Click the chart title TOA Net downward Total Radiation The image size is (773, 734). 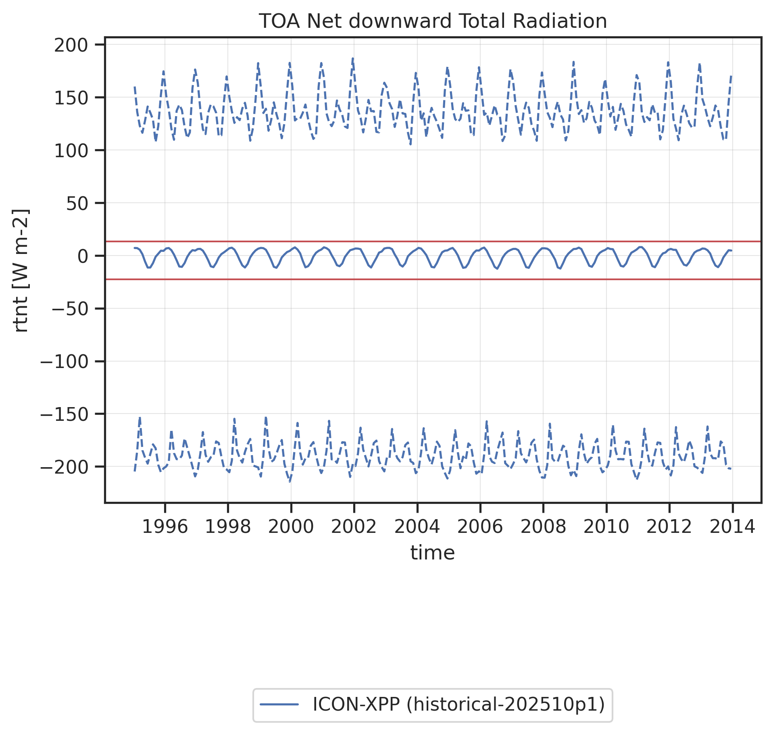tap(433, 21)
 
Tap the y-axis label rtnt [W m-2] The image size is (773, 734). tap(21, 270)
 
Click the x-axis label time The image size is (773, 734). tap(433, 553)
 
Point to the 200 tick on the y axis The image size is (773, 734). tap(71, 45)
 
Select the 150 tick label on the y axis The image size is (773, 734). tap(71, 98)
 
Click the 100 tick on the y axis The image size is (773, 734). tap(71, 151)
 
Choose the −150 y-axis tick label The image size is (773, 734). tap(65, 414)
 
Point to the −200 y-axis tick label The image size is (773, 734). tap(65, 467)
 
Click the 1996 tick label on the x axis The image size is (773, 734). tap(165, 526)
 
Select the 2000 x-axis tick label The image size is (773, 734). tap(291, 526)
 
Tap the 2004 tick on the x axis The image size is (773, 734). tap(417, 526)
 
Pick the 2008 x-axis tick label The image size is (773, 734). tap(543, 526)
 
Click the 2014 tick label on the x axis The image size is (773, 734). tap(732, 526)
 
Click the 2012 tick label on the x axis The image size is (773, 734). tap(669, 526)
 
